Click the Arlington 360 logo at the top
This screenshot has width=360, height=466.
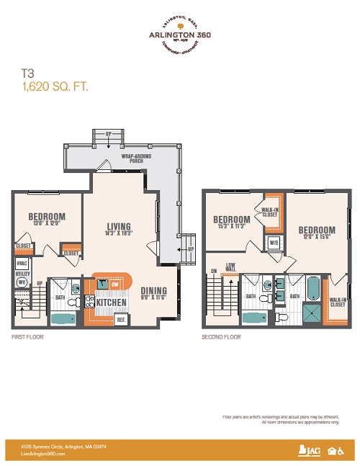point(179,33)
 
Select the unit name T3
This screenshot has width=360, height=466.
point(28,73)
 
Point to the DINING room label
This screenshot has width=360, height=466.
point(153,292)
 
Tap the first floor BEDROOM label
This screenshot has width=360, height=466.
point(47,217)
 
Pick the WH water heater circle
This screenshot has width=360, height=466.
point(22,283)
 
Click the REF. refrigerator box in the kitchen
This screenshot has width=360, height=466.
point(122,318)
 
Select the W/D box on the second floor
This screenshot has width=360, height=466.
point(274,243)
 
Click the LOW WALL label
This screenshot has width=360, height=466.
point(231,266)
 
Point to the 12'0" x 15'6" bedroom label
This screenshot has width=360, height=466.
point(316,233)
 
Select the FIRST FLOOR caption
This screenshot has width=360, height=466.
point(26,336)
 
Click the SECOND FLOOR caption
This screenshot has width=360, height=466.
point(221,336)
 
